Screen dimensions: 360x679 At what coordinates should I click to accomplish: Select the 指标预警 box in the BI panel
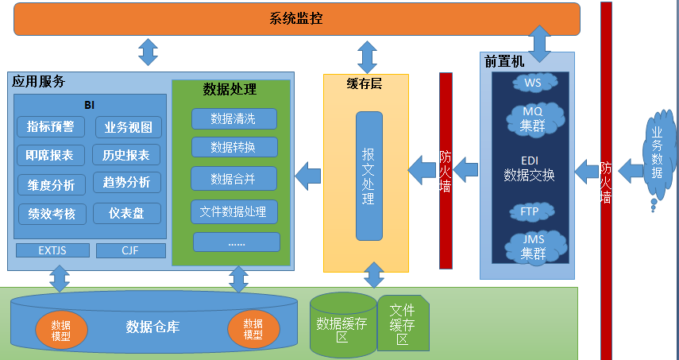coord(50,127)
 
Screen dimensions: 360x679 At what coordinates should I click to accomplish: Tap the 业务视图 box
coord(128,127)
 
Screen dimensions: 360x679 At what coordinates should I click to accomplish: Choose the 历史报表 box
coord(126,154)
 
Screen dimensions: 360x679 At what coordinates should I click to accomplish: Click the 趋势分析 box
coord(126,182)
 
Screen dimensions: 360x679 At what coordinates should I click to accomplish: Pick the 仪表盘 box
coord(126,213)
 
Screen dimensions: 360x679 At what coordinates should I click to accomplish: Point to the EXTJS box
coord(52,251)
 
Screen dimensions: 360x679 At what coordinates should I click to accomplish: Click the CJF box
coord(130,251)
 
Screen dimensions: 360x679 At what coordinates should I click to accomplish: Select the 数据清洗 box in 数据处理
coord(233,119)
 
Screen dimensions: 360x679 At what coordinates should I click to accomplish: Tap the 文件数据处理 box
coord(233,211)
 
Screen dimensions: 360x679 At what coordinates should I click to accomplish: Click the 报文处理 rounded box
coord(368,176)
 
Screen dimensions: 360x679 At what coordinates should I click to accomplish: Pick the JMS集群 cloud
coord(533,247)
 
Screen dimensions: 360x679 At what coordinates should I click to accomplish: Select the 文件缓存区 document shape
coord(403,323)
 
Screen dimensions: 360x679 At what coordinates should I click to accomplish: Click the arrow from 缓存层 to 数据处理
coord(308,170)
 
